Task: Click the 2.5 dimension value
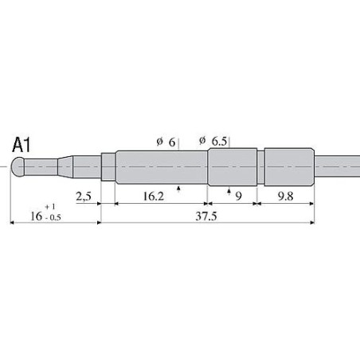click(84, 196)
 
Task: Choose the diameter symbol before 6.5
click(202, 140)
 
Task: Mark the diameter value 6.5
click(219, 141)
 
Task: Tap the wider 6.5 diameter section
click(233, 168)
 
